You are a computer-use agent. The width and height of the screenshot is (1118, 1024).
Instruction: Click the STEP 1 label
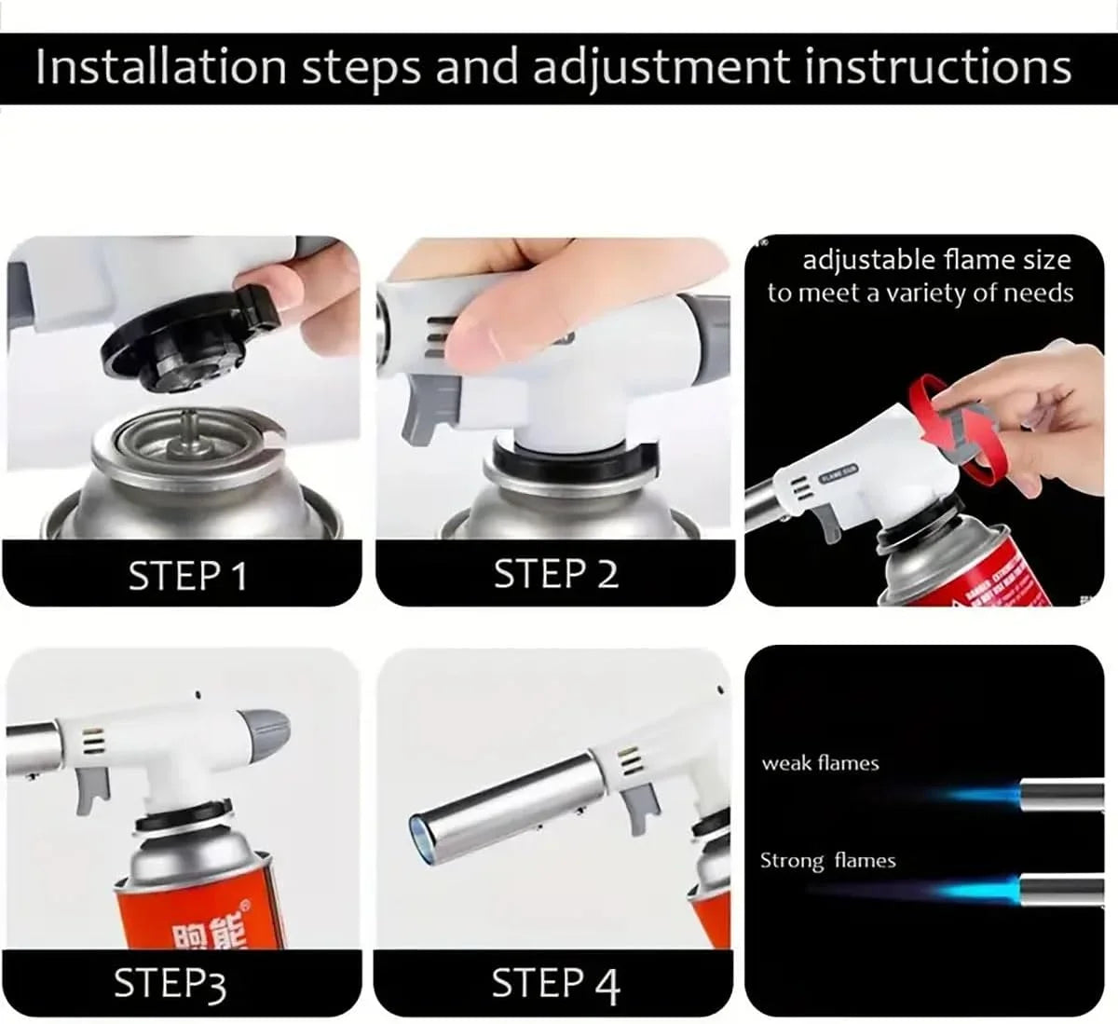188,576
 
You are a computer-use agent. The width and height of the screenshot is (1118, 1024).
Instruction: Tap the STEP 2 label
555,574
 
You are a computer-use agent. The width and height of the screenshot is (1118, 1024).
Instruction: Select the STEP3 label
170,984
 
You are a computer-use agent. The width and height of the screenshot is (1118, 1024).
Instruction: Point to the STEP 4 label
555,984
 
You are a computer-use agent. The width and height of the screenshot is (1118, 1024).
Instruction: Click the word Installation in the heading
160,67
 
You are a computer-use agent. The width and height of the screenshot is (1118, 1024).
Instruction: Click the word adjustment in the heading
650,67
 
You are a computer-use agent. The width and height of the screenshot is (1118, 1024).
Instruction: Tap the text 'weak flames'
820,764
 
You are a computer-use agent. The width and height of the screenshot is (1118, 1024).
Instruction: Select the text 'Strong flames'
827,861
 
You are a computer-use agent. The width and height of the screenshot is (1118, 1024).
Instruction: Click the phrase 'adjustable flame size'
936,260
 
